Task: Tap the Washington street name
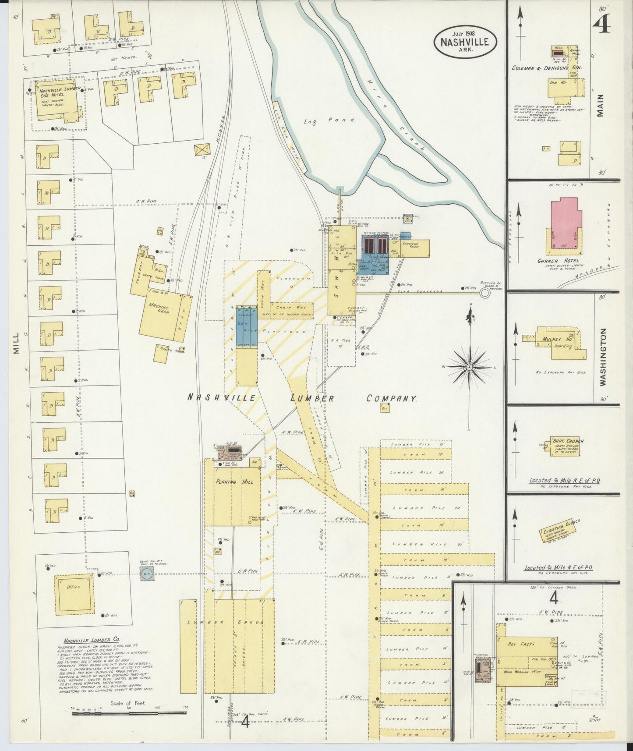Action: click(x=603, y=357)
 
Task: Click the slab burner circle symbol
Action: click(x=484, y=293)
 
